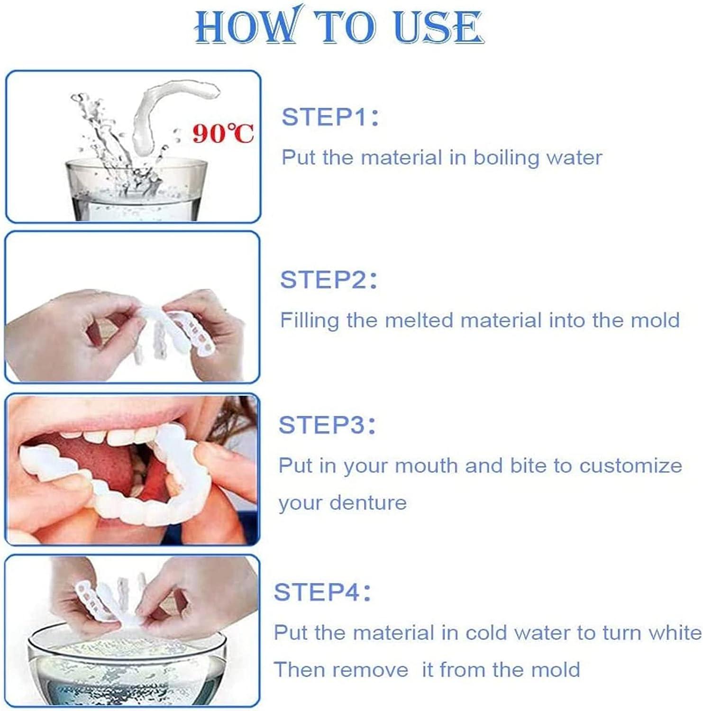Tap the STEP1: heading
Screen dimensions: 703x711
tap(330, 117)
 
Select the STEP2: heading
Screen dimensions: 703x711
tap(329, 280)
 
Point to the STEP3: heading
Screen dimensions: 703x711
tap(327, 425)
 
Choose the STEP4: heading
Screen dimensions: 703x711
tap(322, 592)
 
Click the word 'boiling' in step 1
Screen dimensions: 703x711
tap(506, 158)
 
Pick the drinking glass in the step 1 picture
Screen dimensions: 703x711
tap(136, 190)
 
